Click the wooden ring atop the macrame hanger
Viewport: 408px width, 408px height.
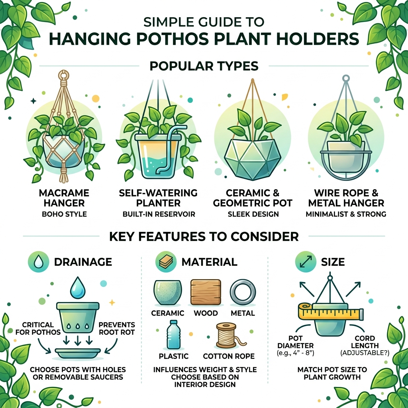point(63,75)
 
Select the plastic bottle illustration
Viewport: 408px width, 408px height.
point(173,334)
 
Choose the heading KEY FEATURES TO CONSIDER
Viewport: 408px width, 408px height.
point(204,237)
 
